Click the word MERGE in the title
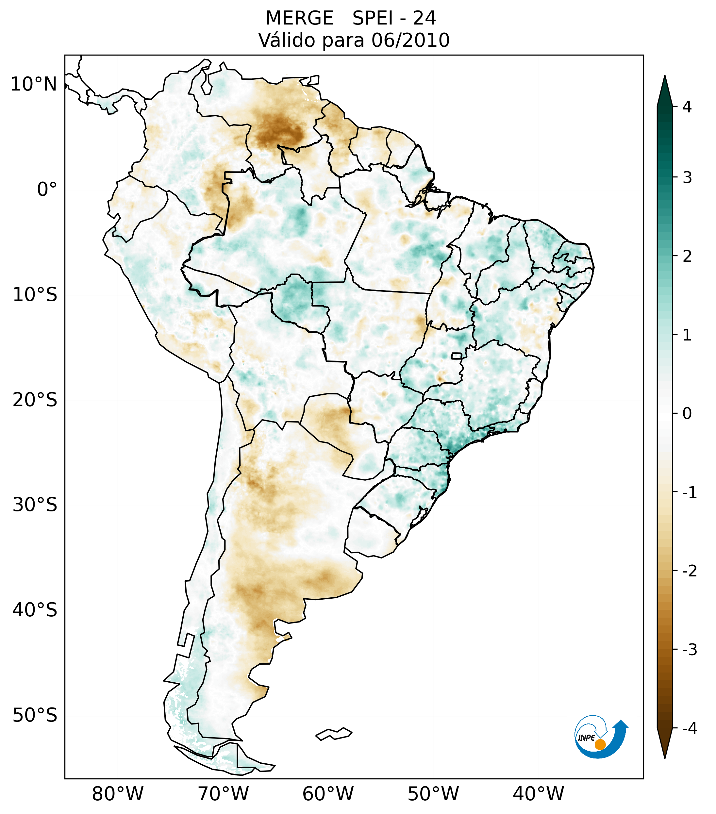299,18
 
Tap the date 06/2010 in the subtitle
410,40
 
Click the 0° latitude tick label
47,190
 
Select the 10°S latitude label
35,295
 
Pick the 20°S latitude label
35,400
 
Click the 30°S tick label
35,505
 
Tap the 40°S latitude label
35,610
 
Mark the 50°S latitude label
35,716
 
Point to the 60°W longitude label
328,794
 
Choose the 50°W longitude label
433,794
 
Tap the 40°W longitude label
539,794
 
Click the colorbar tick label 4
687,107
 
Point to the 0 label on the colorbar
687,414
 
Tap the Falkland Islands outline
334,734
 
